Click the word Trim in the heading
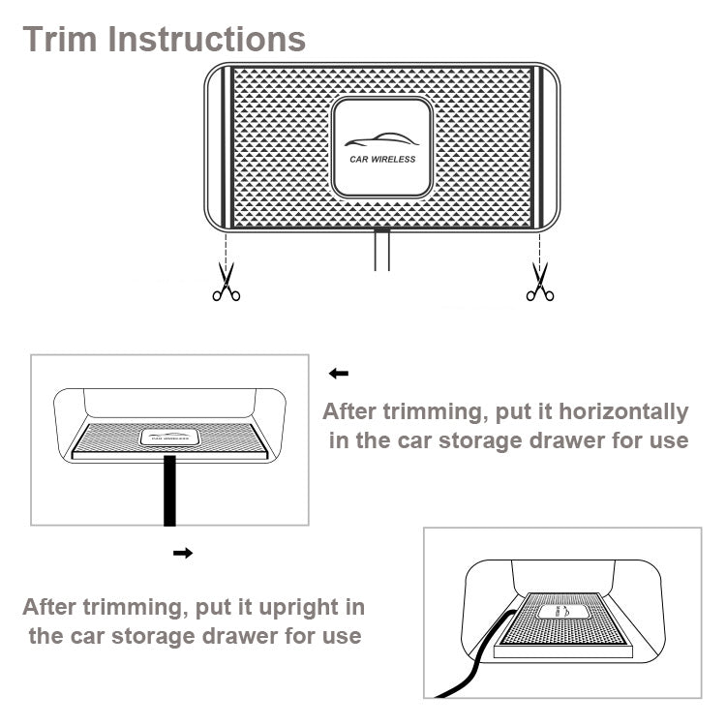pos(60,39)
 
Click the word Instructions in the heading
pos(206,39)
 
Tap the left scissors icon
pos(227,282)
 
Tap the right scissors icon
pos(540,282)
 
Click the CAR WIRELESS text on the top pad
pos(382,160)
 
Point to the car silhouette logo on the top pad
pos(382,139)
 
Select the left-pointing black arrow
pos(339,374)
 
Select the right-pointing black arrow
pos(183,553)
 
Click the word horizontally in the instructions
pos(623,411)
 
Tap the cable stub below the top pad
pos(382,250)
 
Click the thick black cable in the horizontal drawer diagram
pos(170,491)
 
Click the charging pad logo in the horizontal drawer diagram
pos(169,438)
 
